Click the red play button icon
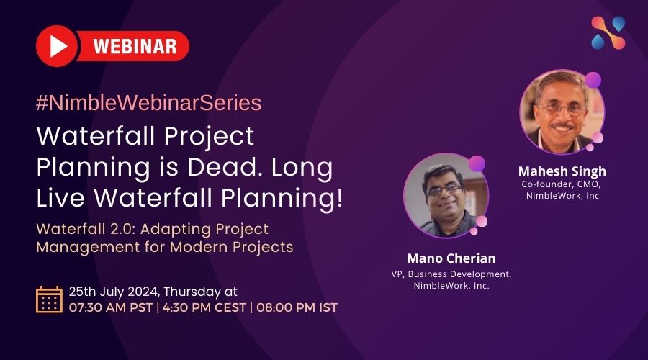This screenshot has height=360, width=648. tap(57, 46)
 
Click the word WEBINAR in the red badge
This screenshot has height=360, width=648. tap(135, 46)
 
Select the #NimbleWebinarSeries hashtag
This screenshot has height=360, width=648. tap(149, 103)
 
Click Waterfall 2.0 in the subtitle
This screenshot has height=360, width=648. tap(86, 229)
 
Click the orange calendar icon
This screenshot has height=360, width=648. tap(49, 300)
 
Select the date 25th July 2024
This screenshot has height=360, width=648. tap(114, 292)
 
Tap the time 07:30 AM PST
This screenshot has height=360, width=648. tap(111, 307)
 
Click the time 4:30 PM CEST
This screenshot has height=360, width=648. tap(204, 307)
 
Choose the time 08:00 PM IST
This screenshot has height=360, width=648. tap(297, 307)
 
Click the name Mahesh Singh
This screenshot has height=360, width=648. tap(562, 171)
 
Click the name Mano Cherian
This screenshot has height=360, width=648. tap(451, 258)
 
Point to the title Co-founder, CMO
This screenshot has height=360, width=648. tap(561, 184)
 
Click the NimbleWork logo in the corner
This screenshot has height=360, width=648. tap(608, 32)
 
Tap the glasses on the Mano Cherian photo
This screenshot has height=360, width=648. tap(444, 189)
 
